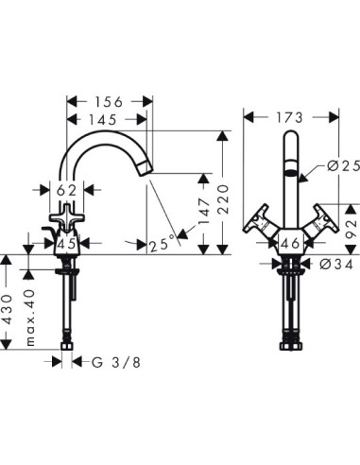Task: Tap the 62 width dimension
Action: pos(65,189)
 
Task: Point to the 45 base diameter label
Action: pos(66,244)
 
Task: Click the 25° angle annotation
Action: pos(162,245)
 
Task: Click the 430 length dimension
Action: pos(8,308)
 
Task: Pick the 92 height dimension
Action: pos(351,228)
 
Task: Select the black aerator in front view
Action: pos(290,176)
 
